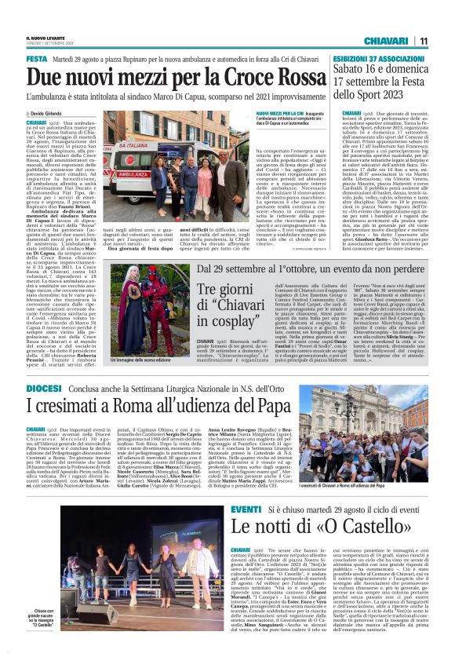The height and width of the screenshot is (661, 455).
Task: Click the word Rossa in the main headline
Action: [258, 77]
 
